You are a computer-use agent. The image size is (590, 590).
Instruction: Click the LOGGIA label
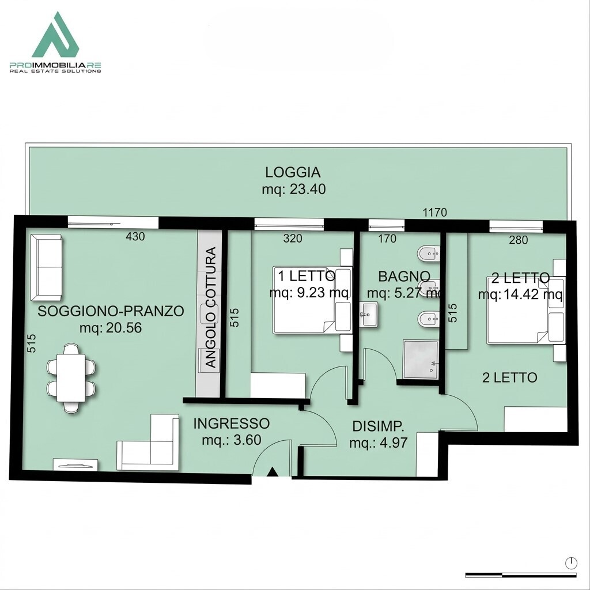pos(293,172)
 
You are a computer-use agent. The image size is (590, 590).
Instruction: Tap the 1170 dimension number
pos(434,213)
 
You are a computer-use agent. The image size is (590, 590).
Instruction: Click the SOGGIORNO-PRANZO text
pos(111,311)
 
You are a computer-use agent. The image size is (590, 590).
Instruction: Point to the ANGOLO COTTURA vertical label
pos(211,307)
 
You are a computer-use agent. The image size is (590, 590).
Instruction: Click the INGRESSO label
pos(232,423)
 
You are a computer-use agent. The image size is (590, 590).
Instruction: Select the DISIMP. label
pos(378,426)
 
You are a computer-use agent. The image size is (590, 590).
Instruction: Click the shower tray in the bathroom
pos(421,359)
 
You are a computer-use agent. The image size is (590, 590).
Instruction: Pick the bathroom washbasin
pos(369,314)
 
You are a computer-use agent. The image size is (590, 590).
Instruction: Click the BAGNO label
pos(404,277)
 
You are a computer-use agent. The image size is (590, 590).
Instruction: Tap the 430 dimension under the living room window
pos(135,236)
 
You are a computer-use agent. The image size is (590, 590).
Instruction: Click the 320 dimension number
pos(292,238)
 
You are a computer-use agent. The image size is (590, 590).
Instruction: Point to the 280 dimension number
pos(519,240)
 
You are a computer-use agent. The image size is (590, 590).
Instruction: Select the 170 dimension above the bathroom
pos(387,239)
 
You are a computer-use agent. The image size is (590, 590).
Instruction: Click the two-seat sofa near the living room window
pos(46,267)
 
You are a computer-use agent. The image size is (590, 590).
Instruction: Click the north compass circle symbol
pos(571,563)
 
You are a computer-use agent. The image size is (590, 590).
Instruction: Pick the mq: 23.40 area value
pos(294,189)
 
